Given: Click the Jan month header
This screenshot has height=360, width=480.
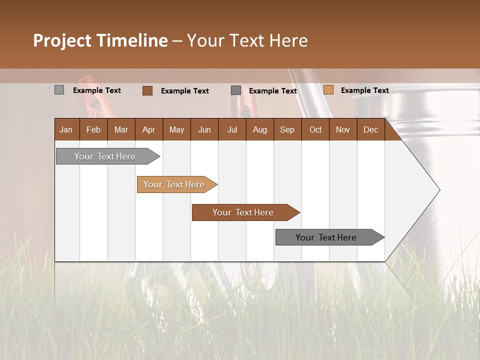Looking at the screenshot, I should click(66, 129).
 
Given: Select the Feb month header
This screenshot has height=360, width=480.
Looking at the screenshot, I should click(93, 129).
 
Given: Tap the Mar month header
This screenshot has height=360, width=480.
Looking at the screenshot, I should click(121, 129).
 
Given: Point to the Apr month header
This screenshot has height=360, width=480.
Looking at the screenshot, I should click(149, 129).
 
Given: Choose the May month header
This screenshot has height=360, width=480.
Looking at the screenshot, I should click(176, 129).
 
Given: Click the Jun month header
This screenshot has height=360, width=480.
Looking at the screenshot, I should click(204, 129).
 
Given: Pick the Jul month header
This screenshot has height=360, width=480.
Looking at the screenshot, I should click(232, 129).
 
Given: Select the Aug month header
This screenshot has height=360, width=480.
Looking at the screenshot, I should click(259, 129).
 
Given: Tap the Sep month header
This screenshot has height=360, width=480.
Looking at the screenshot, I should click(287, 129).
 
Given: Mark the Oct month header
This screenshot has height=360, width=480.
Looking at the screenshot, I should click(315, 129).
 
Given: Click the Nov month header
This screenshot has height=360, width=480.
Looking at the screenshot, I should click(343, 129).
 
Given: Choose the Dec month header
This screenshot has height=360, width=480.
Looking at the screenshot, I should click(370, 129).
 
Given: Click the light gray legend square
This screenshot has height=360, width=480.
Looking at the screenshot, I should click(59, 90).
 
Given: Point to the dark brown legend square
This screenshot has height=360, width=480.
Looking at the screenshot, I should click(147, 90).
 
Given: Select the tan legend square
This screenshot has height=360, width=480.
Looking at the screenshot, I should click(328, 90).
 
